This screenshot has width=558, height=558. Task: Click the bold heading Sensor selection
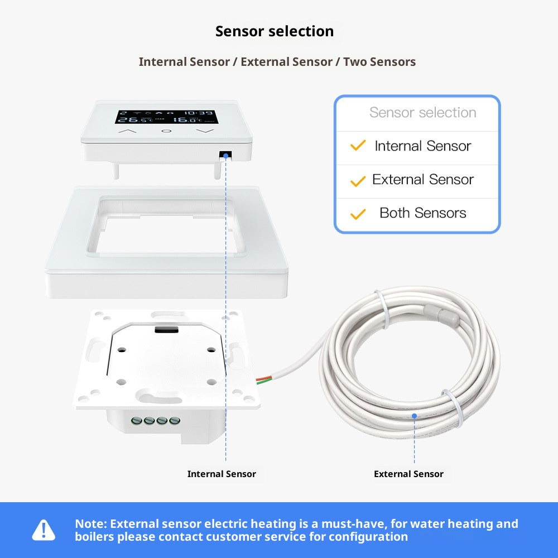pos(275,32)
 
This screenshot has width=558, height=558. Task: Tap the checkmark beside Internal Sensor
pos(358,146)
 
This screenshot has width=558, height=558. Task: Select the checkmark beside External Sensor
pos(358,180)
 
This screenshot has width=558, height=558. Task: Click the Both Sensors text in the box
pos(422,213)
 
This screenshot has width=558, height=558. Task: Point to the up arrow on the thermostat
pos(128,132)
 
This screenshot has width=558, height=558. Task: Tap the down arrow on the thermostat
pos(205,132)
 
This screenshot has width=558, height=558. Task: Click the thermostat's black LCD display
pos(166,116)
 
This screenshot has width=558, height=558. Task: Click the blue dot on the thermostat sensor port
pos(226,156)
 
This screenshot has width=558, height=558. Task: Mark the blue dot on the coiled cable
pos(414,416)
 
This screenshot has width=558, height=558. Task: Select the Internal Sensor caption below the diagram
pos(222,474)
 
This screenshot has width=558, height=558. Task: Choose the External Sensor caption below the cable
pos(408,474)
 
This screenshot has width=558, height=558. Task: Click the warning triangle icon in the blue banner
pos(44,530)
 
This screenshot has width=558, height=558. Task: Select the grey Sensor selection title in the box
pos(422,113)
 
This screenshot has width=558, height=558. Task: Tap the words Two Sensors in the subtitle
pos(379,62)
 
